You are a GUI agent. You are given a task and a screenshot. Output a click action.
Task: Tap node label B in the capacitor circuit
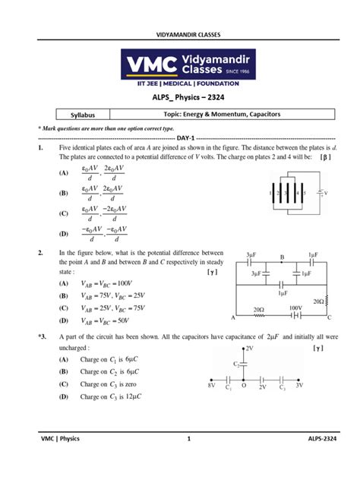pyautogui.click(x=281, y=258)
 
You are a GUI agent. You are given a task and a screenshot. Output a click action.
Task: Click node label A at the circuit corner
pyautogui.click(x=232, y=315)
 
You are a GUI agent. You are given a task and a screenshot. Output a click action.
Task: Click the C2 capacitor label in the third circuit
pyautogui.click(x=236, y=364)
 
